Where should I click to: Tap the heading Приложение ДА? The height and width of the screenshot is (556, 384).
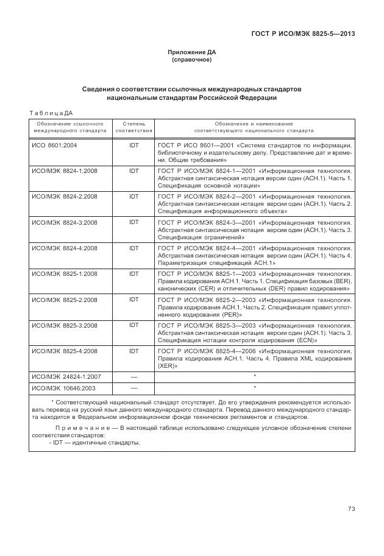click(x=192, y=52)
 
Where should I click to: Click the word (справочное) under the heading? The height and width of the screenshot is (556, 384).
click(x=192, y=60)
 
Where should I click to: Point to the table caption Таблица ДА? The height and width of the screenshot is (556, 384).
click(x=51, y=113)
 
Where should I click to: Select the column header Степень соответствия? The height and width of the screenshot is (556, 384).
click(x=133, y=127)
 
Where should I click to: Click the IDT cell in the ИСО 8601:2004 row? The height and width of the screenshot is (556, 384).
click(x=133, y=145)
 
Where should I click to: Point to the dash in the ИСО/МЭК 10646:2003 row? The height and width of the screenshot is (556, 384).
click(x=133, y=387)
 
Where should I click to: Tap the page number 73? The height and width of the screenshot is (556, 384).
click(x=351, y=509)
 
